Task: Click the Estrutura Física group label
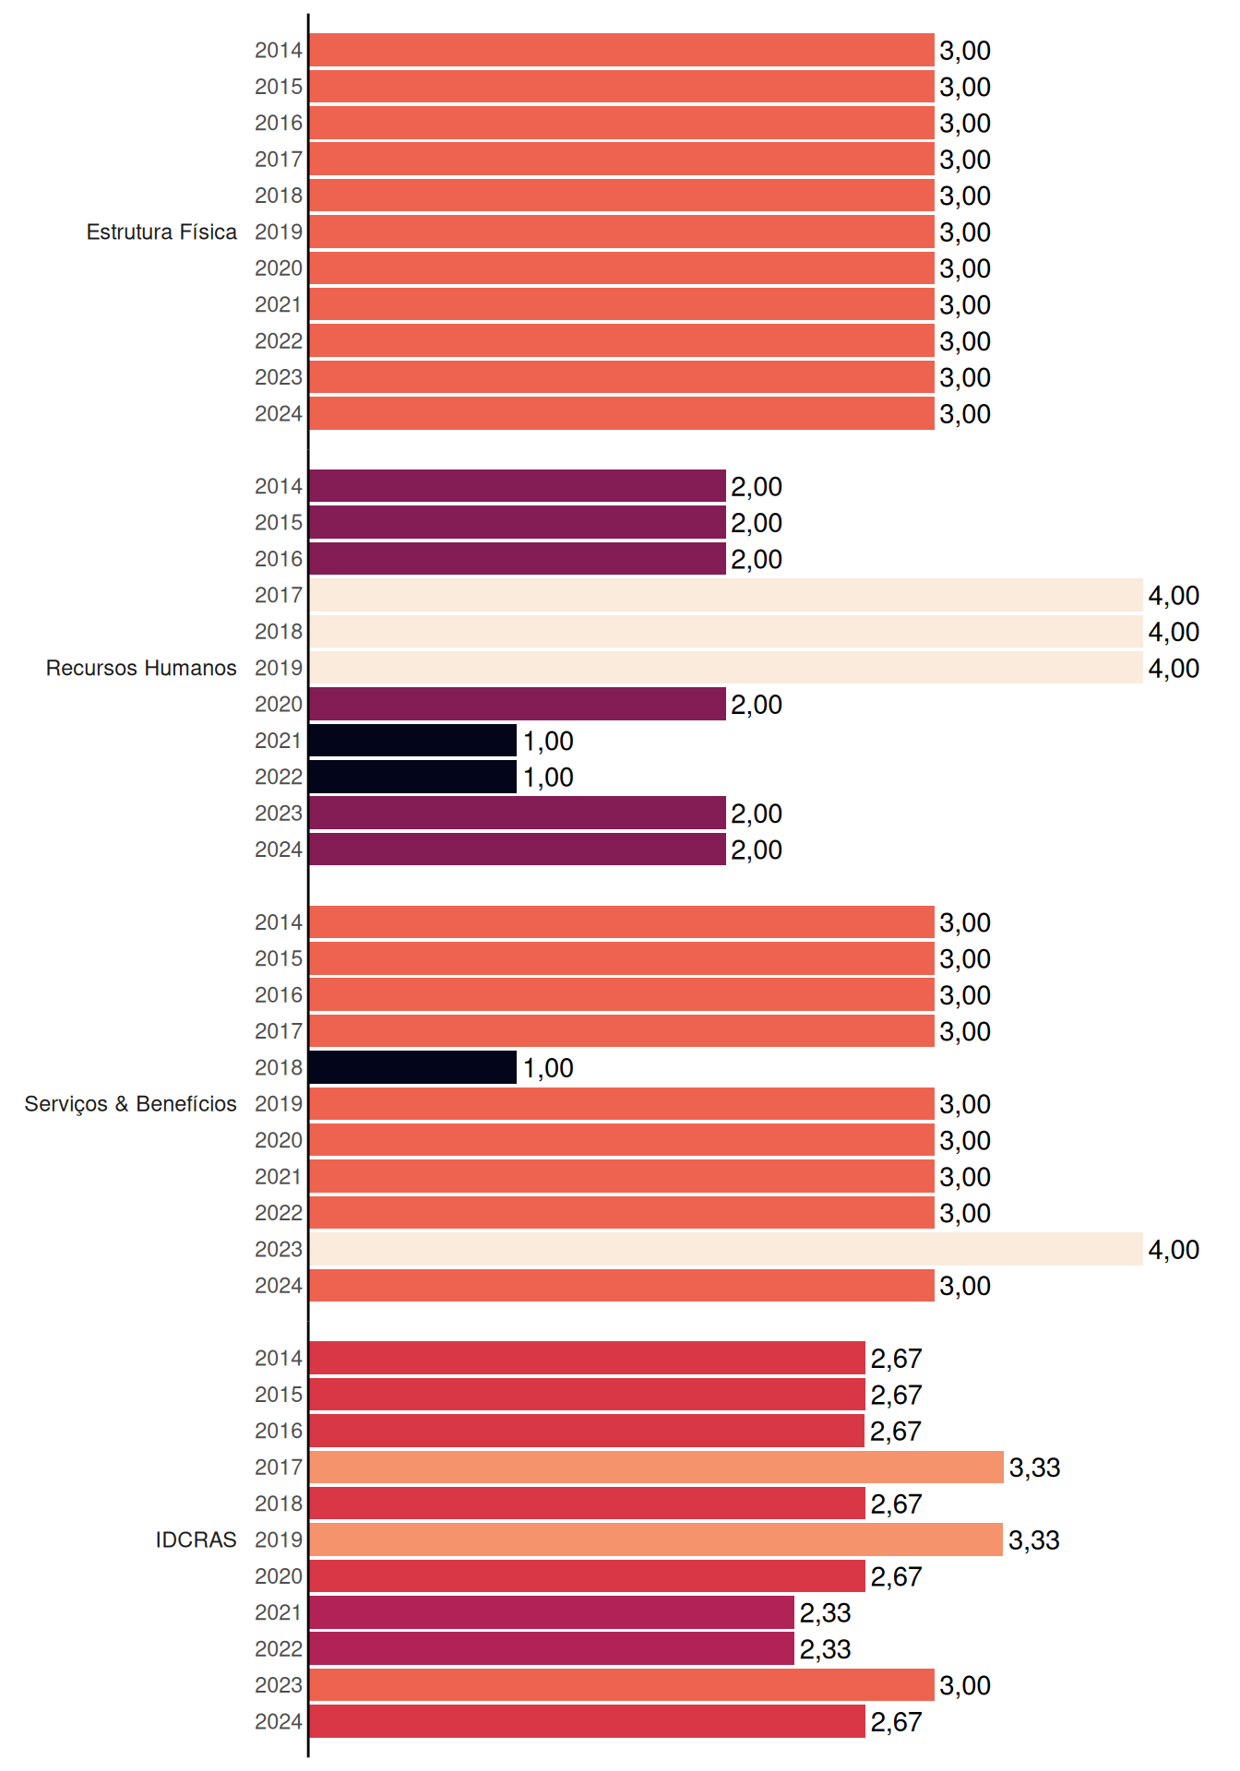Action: tap(161, 232)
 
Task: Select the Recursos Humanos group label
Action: tap(141, 668)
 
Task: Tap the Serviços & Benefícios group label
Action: tap(130, 1104)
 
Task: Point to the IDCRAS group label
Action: tap(196, 1539)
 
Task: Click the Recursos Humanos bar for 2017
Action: tap(726, 595)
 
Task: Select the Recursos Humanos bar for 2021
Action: tap(413, 741)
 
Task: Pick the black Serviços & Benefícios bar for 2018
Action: tap(413, 1067)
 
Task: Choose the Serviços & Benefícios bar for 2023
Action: tap(726, 1249)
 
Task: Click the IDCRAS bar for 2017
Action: tap(657, 1467)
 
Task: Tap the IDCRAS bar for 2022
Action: tap(552, 1648)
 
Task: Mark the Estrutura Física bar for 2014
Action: tap(622, 50)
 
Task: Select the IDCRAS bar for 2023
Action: tap(622, 1685)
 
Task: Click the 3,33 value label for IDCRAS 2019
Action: tap(1034, 1540)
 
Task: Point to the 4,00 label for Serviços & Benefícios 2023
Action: tap(1174, 1250)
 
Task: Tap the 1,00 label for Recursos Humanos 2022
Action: tap(548, 778)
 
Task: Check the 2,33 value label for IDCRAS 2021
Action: tap(825, 1613)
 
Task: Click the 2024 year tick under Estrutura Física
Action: tap(279, 413)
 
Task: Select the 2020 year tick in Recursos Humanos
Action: tap(279, 704)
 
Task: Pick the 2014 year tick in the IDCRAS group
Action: tap(279, 1358)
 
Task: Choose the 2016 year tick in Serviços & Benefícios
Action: tap(279, 994)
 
